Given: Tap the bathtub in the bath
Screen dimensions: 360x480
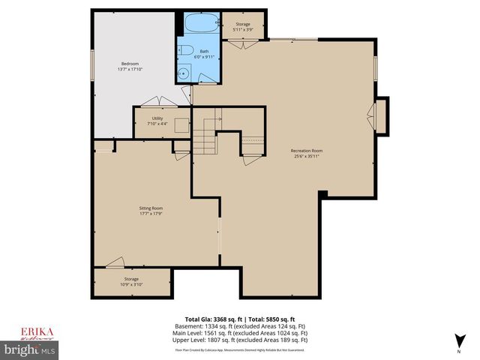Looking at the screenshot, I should tap(199, 25).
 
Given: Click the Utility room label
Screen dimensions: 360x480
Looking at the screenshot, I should tap(157, 118).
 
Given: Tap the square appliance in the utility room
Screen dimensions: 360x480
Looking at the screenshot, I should tap(181, 126).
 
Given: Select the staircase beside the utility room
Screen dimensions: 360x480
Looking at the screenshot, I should tap(204, 139).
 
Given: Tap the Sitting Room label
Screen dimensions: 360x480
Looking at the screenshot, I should tap(152, 208).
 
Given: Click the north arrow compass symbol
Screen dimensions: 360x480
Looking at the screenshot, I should tap(457, 340).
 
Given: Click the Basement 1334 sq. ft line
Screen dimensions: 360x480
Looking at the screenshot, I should tap(240, 327).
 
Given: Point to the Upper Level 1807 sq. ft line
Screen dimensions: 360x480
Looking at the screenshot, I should tap(240, 340).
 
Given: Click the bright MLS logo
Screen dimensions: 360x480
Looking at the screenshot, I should tap(29, 349).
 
